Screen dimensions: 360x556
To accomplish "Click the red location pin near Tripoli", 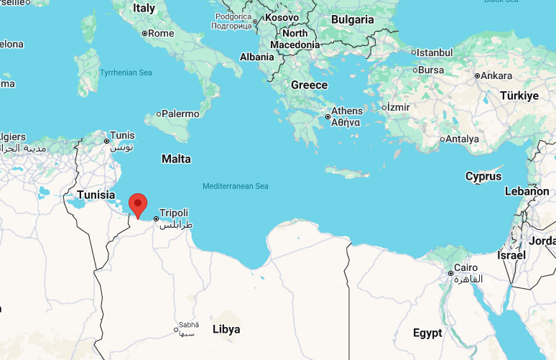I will [136, 204].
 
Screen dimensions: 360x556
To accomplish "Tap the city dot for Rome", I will [144, 33].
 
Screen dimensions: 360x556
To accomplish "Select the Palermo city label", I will [180, 114].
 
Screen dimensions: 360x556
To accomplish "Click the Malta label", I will [176, 159].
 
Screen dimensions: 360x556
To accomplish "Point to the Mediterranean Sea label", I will [235, 186].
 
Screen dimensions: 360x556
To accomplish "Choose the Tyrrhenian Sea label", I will [126, 73].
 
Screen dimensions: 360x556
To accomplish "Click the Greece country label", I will [309, 85].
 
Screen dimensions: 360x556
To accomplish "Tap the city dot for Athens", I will [328, 116].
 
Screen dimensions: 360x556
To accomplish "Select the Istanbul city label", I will [435, 52].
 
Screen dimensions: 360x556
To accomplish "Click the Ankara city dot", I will [476, 75].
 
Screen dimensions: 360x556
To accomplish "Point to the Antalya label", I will [463, 139].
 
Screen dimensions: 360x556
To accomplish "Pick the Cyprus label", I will [483, 176].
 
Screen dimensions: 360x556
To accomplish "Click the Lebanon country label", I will [527, 191].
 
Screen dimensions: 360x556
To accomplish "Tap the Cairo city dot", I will [450, 273].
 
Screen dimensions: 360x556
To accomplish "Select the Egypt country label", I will [427, 333].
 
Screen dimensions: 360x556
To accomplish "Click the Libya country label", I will [226, 329].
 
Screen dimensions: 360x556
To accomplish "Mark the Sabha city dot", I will [176, 331].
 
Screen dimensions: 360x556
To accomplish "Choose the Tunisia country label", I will [96, 195].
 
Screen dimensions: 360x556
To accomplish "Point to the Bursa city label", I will [431, 70].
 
